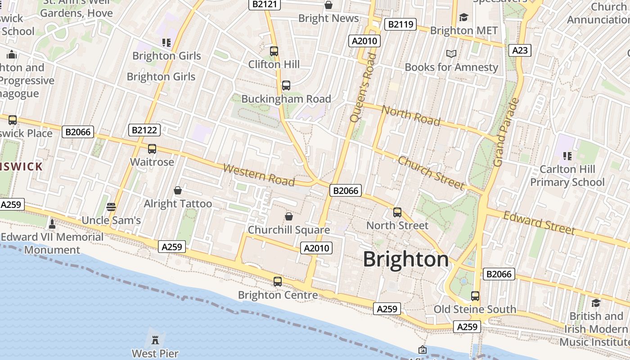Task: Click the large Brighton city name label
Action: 406,260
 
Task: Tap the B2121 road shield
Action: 265,4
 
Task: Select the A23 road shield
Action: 520,50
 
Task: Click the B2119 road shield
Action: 400,24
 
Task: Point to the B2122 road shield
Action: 144,130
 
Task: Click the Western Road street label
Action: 259,175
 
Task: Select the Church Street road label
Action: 431,173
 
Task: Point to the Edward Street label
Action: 539,223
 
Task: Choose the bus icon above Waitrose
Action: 152,149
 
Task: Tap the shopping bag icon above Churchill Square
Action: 289,216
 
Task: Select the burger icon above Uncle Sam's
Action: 111,207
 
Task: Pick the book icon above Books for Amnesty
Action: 451,54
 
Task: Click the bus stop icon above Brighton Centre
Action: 278,282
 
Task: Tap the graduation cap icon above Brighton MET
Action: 463,17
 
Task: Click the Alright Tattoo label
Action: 178,204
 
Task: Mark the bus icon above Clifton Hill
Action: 274,51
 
